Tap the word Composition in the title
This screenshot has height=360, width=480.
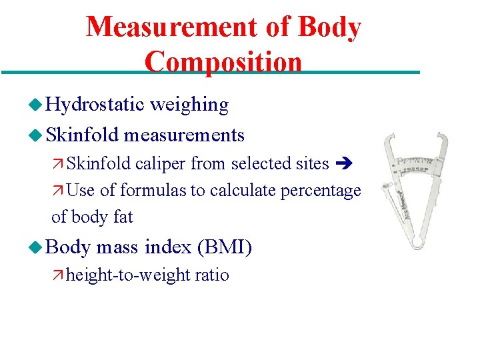pos(223,62)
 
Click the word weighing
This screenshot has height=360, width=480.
pos(189,105)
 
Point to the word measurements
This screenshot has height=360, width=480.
pos(184,135)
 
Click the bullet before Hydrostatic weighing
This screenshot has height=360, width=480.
pos(36,105)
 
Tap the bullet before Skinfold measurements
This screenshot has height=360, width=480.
pos(36,135)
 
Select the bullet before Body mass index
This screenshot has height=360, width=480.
pos(36,248)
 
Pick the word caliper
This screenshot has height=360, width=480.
pos(161,163)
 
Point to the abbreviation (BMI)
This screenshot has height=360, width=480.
pos(225,248)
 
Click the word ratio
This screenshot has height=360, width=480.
pos(213,275)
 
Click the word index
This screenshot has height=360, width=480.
pos(168,248)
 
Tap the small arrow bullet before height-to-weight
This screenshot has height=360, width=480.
pos(58,275)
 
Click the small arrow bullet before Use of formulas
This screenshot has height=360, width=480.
pos(58,191)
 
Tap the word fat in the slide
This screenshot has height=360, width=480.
pos(123,217)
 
